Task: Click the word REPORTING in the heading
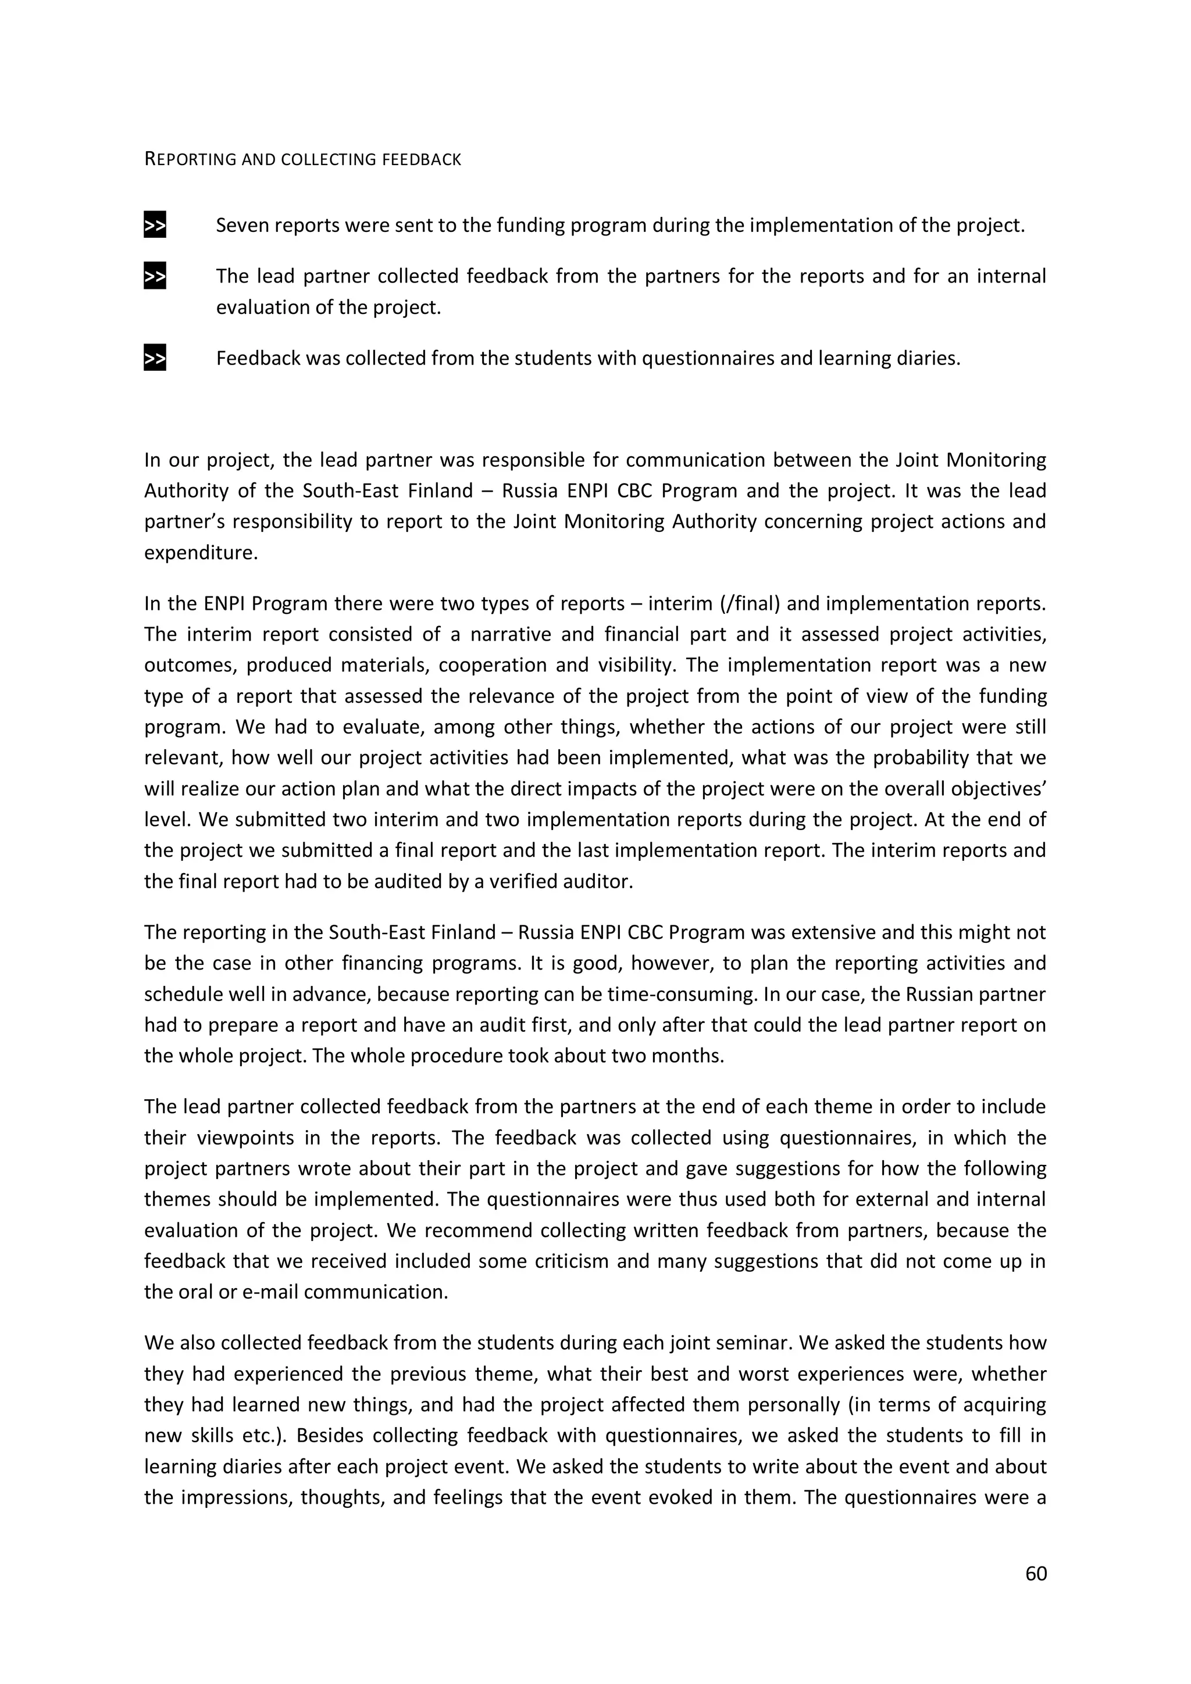click(x=190, y=159)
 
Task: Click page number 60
click(x=1035, y=1573)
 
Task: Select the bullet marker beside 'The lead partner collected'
click(x=155, y=277)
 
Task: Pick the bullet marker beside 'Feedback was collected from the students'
click(x=155, y=359)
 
